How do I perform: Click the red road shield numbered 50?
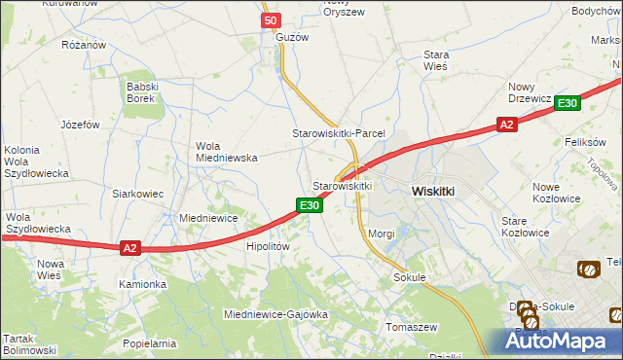pyautogui.click(x=271, y=19)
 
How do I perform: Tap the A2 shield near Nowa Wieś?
pyautogui.click(x=130, y=248)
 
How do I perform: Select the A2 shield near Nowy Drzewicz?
pyautogui.click(x=505, y=124)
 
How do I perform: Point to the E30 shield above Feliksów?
pyautogui.click(x=569, y=103)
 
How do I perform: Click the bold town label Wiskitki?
pyautogui.click(x=433, y=192)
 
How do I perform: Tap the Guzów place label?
pyautogui.click(x=292, y=37)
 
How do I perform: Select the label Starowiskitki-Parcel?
pyautogui.click(x=340, y=132)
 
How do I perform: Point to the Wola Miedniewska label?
pyautogui.click(x=226, y=152)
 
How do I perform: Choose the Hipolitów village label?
pyautogui.click(x=268, y=247)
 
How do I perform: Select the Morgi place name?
pyautogui.click(x=382, y=234)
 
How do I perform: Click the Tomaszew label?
pyautogui.click(x=413, y=326)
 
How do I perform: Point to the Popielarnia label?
pyautogui.click(x=149, y=343)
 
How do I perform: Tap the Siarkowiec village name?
pyautogui.click(x=137, y=194)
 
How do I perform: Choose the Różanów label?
pyautogui.click(x=83, y=45)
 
